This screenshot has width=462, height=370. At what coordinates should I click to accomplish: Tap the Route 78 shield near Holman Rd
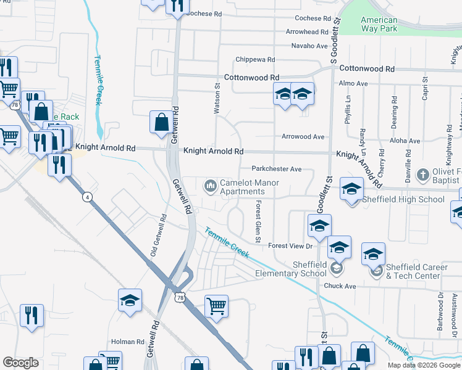point(180,297)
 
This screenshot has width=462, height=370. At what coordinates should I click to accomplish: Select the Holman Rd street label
point(127,342)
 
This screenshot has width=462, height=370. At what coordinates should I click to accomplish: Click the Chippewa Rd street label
point(255,60)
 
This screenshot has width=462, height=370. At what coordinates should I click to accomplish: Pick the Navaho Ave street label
point(309,46)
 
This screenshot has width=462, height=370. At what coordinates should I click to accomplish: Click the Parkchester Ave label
point(276,169)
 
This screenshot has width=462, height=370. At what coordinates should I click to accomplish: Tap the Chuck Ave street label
point(340,286)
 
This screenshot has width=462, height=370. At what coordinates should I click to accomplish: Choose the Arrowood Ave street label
point(303,137)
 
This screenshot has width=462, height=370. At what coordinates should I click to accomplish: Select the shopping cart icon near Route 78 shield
point(216,305)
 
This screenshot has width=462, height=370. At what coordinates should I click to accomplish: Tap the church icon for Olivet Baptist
point(423,175)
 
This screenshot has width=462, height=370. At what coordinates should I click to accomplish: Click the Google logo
point(21,363)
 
